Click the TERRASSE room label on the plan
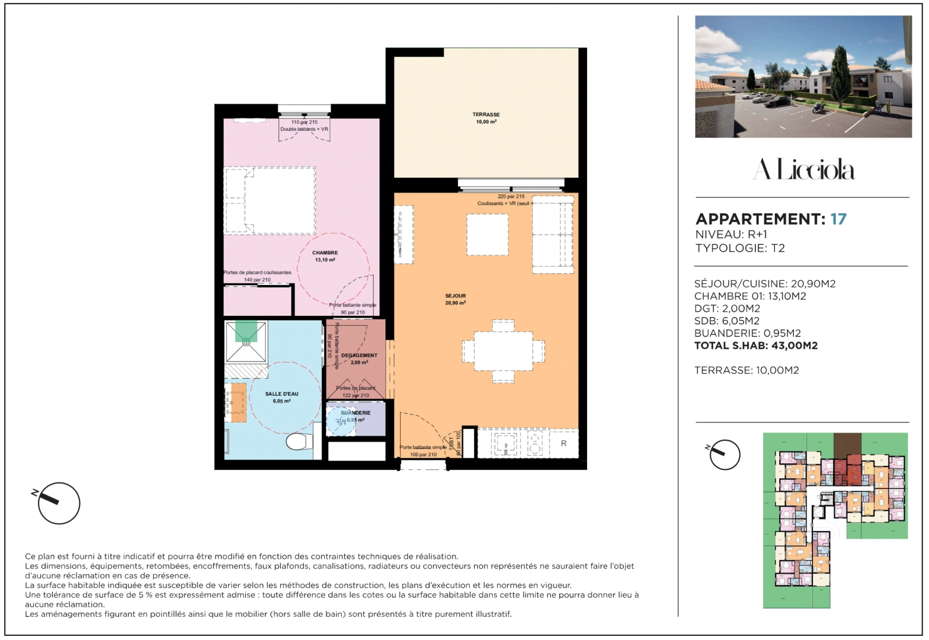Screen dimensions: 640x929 (486, 118)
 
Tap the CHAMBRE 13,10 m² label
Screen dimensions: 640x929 (325, 256)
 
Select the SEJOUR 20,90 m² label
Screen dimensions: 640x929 (455, 299)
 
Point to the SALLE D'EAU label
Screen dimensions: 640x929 (281, 397)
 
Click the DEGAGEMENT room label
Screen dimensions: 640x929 (358, 359)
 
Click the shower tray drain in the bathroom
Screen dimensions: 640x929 (246, 341)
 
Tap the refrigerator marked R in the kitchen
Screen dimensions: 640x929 (563, 443)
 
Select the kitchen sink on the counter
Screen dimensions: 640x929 (506, 443)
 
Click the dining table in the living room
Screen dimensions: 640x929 (503, 351)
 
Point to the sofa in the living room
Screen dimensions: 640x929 (553, 234)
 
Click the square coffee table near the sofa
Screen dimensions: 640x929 (487, 235)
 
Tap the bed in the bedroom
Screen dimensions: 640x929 (270, 200)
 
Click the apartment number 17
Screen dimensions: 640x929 (838, 219)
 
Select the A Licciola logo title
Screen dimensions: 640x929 (803, 170)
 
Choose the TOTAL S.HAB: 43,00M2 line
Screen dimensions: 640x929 (755, 345)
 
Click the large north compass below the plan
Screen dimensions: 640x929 (59, 503)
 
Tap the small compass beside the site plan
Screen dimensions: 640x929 (725, 455)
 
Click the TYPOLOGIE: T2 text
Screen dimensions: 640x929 (740, 248)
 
